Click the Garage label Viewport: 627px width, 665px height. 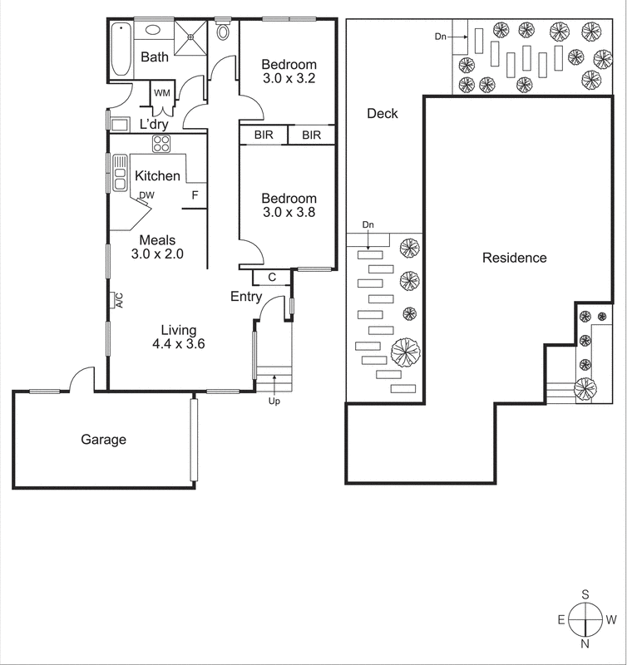coord(103,440)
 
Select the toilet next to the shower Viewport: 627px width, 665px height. coord(223,32)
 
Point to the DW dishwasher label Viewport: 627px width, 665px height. coord(146,195)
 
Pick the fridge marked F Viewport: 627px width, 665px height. coord(195,195)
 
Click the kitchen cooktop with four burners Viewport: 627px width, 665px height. coord(161,144)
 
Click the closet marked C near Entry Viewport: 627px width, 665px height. coord(272,278)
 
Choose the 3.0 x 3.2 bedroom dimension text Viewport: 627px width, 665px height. coord(289,81)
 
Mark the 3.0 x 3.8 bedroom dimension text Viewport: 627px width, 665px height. coord(289,213)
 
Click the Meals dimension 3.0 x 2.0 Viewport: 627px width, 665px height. coord(156,254)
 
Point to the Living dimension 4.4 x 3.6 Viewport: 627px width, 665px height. coord(178,344)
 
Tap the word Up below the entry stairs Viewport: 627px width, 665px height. coord(274,401)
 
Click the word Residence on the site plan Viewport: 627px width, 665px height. coord(515,258)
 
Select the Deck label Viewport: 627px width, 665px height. coord(383,114)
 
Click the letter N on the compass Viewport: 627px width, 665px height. coord(585,643)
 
